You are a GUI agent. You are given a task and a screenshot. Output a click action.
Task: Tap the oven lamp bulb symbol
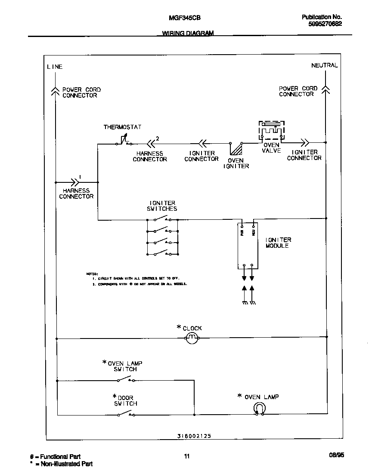click(x=259, y=408)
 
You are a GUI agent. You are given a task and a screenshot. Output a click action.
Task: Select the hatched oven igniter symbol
click(x=236, y=149)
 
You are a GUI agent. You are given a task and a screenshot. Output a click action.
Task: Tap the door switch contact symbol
click(x=125, y=414)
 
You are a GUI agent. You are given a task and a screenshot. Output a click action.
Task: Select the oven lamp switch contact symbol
click(x=125, y=379)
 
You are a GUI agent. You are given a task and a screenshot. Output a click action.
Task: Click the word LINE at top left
click(x=55, y=67)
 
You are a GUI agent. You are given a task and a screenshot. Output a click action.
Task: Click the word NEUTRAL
click(x=324, y=65)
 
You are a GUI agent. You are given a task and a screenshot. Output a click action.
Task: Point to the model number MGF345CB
click(x=184, y=18)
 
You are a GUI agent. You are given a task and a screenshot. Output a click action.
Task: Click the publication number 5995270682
click(x=325, y=24)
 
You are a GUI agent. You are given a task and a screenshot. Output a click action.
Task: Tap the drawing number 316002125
click(x=194, y=436)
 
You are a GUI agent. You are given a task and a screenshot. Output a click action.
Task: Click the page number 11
click(x=186, y=456)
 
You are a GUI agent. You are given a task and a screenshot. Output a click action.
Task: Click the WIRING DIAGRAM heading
click(x=188, y=34)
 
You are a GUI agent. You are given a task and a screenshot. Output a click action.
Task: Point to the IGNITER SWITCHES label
click(x=163, y=206)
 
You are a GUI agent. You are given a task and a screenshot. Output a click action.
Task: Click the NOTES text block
click(x=137, y=279)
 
